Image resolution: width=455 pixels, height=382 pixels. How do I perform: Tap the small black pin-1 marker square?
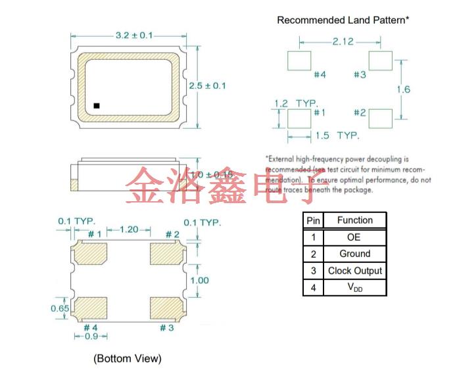point(97,105)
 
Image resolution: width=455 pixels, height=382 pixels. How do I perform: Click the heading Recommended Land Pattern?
point(343,20)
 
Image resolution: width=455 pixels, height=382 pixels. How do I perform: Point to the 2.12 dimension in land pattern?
point(343,41)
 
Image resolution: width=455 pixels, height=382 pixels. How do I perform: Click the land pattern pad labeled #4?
point(299,61)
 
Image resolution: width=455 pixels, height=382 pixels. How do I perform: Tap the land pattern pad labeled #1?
point(299,119)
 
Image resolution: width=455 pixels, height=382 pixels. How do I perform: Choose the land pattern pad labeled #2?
point(380,119)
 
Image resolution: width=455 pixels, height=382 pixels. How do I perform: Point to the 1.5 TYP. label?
point(337,135)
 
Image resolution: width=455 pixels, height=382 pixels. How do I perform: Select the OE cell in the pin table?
point(354,237)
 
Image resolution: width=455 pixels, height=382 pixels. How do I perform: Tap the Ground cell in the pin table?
point(354,254)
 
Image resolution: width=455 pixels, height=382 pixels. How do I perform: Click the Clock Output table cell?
point(354,271)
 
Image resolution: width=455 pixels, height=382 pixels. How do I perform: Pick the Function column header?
point(354,220)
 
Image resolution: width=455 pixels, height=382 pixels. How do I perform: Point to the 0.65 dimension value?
point(60,308)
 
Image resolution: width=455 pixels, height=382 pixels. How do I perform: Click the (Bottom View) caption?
point(127,358)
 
